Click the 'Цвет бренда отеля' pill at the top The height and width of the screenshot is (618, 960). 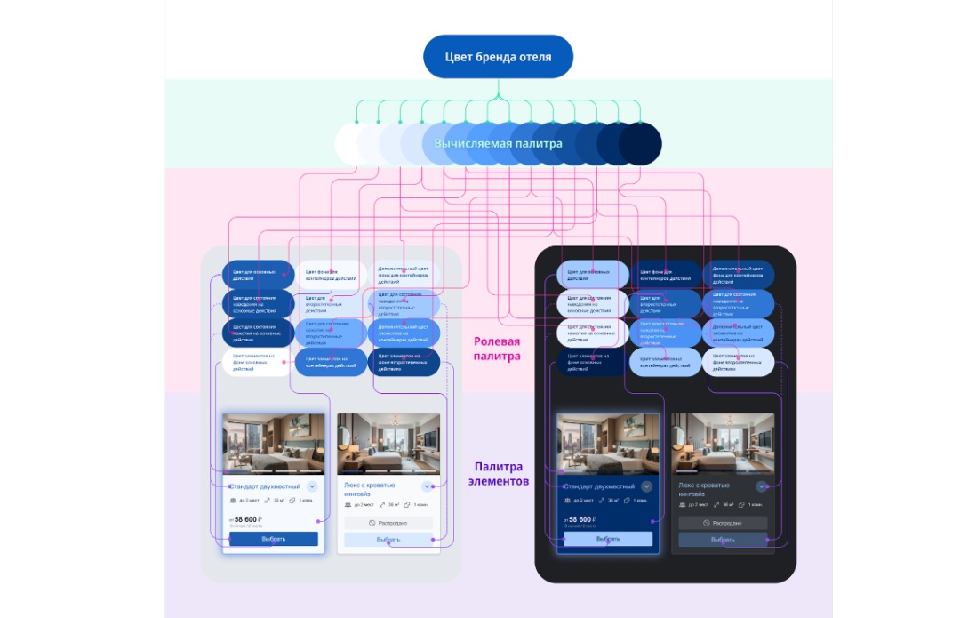498,57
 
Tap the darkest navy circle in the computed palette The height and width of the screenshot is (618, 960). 641,143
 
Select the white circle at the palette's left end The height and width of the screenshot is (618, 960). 353,143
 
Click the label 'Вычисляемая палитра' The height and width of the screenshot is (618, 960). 498,143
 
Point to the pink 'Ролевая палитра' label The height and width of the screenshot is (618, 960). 497,348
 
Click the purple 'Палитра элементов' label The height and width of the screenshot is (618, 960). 498,473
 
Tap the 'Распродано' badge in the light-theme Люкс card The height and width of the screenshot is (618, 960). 388,523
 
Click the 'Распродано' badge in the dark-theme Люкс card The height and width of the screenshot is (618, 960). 723,523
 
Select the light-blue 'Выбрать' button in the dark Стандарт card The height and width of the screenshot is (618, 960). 608,539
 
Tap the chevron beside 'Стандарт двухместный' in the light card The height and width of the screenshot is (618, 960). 312,486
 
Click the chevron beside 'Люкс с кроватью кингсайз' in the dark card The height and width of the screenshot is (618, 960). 762,486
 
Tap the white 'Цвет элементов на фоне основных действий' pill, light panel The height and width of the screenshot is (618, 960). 258,363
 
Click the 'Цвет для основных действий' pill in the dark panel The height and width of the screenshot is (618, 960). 593,274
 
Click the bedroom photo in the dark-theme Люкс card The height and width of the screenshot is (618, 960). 723,444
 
